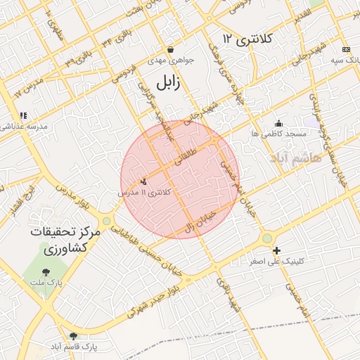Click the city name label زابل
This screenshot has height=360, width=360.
coord(166,83)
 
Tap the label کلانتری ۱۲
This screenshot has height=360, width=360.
coord(247,38)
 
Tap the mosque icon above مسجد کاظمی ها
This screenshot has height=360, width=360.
coord(279,123)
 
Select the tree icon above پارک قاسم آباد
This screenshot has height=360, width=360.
coord(73,336)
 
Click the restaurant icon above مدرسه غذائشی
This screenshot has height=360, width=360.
coord(23,115)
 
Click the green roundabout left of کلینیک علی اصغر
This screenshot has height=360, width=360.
coord(266,239)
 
